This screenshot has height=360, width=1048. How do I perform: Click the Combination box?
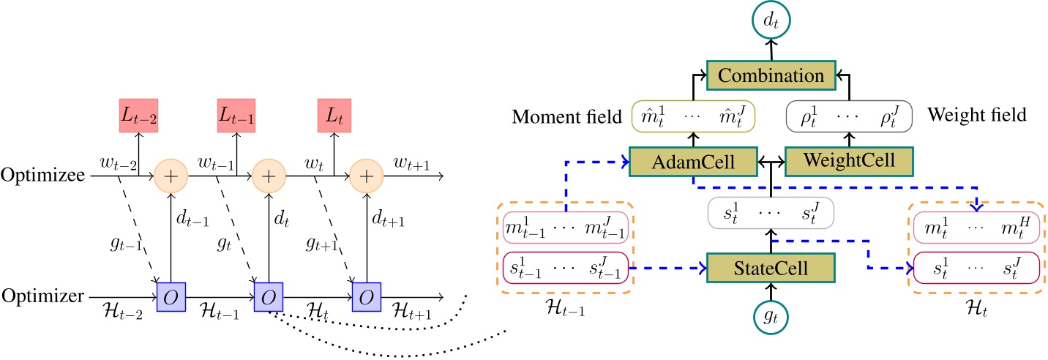[771, 75]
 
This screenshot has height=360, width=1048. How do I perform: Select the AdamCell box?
[693, 162]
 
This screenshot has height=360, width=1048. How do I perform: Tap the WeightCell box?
[849, 161]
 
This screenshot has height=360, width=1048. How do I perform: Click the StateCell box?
[771, 268]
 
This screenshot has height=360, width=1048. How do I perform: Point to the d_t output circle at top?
[771, 20]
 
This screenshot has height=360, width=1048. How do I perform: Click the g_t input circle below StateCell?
[771, 317]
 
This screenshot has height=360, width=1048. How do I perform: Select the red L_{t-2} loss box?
[138, 116]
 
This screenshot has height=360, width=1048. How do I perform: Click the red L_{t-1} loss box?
[236, 116]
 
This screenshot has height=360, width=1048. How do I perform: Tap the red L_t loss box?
[334, 116]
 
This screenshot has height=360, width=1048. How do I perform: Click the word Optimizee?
[43, 175]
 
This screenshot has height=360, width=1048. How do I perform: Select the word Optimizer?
[43, 296]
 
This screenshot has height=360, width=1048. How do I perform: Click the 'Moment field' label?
[566, 116]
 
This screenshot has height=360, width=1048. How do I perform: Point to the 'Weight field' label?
[977, 115]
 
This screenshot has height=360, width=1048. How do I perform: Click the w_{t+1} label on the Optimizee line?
[411, 164]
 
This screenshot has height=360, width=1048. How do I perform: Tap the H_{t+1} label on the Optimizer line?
[411, 311]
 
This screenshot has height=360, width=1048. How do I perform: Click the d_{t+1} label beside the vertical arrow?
[388, 218]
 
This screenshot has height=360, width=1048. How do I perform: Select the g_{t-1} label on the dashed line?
[126, 244]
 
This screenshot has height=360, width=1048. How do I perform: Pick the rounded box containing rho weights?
[849, 116]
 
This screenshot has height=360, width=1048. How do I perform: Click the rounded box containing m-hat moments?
[693, 116]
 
